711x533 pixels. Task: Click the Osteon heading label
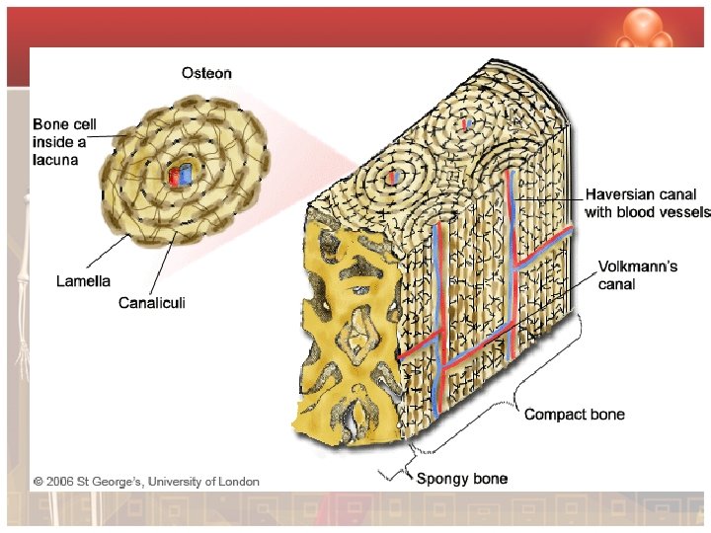pyautogui.click(x=207, y=72)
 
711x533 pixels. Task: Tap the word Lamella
pyautogui.click(x=83, y=281)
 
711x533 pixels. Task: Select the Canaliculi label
pyautogui.click(x=151, y=302)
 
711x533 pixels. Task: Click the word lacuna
pyautogui.click(x=55, y=159)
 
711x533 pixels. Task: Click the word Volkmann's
pyautogui.click(x=637, y=266)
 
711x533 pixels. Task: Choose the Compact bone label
pyautogui.click(x=574, y=415)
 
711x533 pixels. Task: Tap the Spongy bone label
pyautogui.click(x=461, y=479)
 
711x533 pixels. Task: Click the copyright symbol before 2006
pyautogui.click(x=38, y=482)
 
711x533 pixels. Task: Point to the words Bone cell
pyautogui.click(x=65, y=124)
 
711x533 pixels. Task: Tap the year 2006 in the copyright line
pyautogui.click(x=60, y=482)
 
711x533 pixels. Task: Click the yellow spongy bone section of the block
pyautogui.click(x=346, y=326)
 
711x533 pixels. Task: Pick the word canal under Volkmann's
pyautogui.click(x=617, y=284)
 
